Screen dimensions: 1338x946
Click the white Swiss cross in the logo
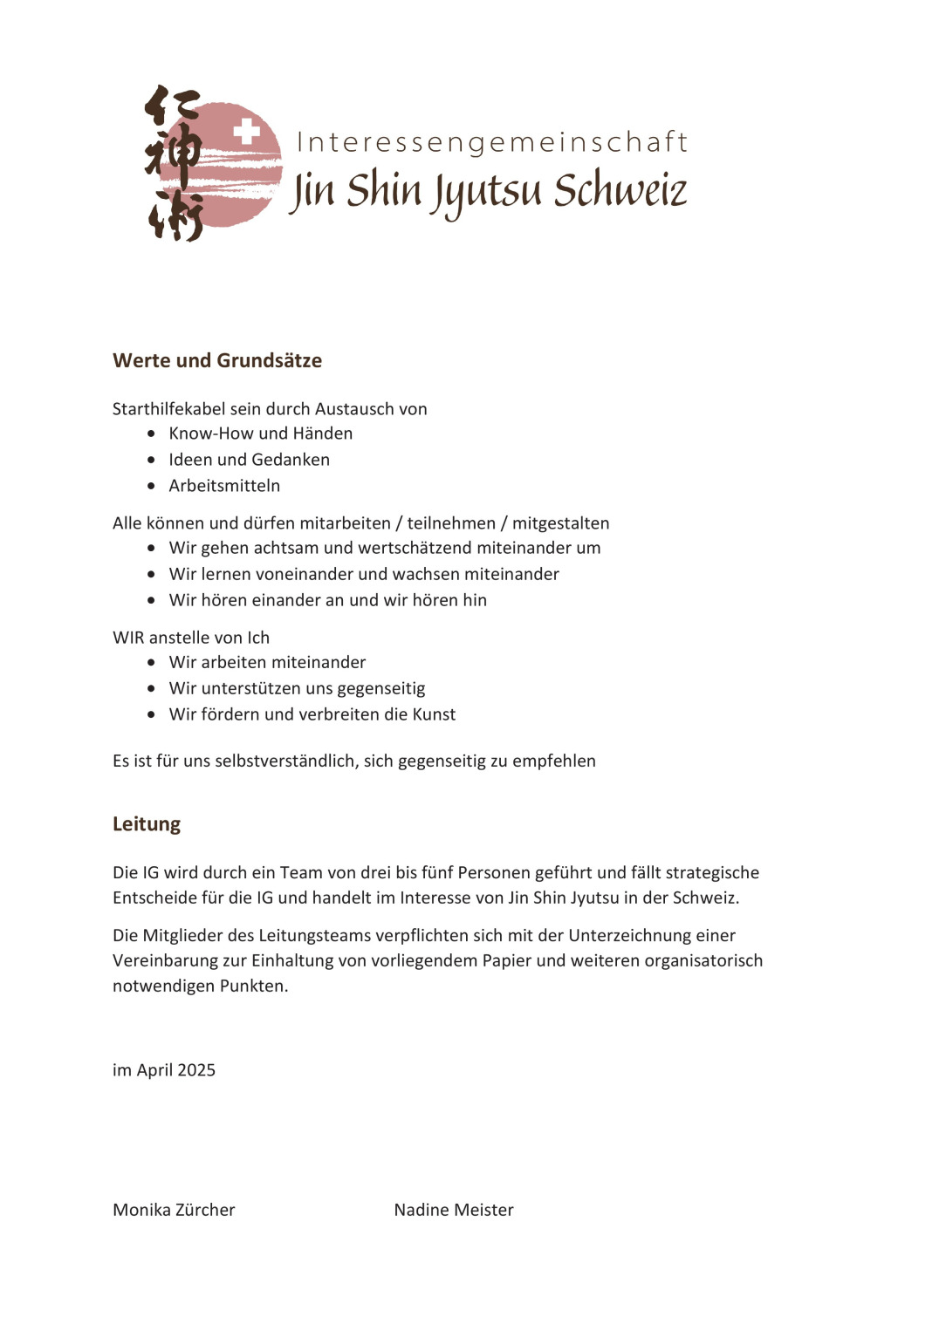247,132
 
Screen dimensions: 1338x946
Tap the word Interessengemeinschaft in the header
492,142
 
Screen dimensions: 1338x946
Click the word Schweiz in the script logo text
620,190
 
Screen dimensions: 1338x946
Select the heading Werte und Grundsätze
217,360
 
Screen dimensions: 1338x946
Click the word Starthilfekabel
169,409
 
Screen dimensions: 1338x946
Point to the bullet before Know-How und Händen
152,433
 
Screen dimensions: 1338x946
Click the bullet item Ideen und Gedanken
249,460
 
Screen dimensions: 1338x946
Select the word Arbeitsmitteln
224,486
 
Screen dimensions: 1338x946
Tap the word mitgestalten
560,523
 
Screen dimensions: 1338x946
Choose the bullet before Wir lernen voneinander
152,574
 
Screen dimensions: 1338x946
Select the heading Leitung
147,824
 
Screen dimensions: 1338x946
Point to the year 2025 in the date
196,1070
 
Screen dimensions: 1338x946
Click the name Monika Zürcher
174,1210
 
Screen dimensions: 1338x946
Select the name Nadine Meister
454,1210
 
